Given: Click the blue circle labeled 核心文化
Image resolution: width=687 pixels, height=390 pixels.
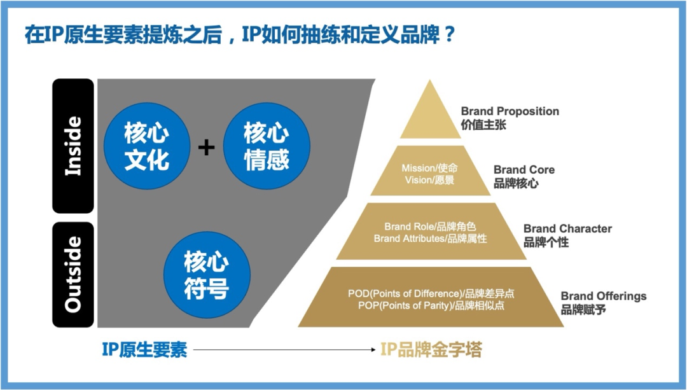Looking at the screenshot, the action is pyautogui.click(x=146, y=146).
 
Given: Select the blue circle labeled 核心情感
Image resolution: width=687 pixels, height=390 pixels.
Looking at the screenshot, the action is pyautogui.click(x=267, y=146).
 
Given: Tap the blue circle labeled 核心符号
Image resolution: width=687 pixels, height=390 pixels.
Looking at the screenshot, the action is pyautogui.click(x=206, y=275).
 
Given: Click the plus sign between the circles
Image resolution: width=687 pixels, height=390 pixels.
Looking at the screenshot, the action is pyautogui.click(x=206, y=148).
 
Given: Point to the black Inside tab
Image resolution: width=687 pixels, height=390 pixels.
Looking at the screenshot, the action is pyautogui.click(x=73, y=146).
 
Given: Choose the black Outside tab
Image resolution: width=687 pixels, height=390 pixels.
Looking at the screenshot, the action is pyautogui.click(x=73, y=274).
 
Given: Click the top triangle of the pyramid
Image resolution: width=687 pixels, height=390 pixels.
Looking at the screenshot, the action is pyautogui.click(x=430, y=115).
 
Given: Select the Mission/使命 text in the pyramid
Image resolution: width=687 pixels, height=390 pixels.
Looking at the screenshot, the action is pyautogui.click(x=429, y=168).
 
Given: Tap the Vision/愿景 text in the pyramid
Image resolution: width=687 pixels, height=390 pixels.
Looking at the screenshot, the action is pyautogui.click(x=429, y=179).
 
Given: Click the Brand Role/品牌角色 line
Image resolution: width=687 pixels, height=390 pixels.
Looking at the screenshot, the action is pyautogui.click(x=430, y=226).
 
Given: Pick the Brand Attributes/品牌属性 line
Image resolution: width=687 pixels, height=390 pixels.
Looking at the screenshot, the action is pyautogui.click(x=430, y=239).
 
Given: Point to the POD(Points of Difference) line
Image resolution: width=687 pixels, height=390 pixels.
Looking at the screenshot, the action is pyautogui.click(x=431, y=293).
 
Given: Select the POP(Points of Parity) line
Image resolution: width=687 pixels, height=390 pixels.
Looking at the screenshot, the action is pyautogui.click(x=431, y=305).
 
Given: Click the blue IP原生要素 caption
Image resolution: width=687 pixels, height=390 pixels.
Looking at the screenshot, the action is pyautogui.click(x=144, y=349).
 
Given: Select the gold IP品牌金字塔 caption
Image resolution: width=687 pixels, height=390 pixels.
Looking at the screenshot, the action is pyautogui.click(x=431, y=349).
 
